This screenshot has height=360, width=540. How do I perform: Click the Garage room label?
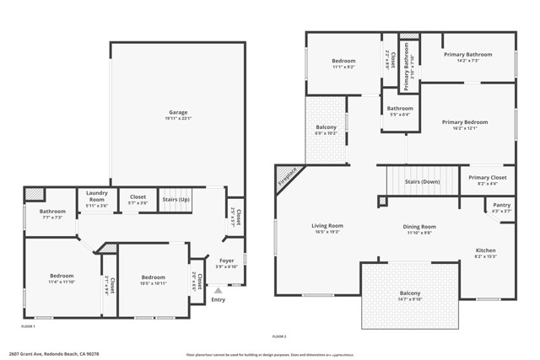click(x=177, y=112)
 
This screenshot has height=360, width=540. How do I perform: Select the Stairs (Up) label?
click(x=176, y=200)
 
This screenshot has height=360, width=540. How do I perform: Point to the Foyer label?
click(x=227, y=261)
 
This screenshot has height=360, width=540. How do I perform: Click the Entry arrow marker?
click(x=219, y=290)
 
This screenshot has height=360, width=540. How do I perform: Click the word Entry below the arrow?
click(x=219, y=300)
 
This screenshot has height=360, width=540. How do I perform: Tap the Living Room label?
click(x=327, y=225)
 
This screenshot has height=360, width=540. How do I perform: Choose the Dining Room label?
click(x=418, y=227)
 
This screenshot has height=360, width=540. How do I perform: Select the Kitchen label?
click(x=485, y=250)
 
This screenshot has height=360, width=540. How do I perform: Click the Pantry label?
click(x=501, y=205)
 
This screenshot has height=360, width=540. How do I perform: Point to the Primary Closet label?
click(x=487, y=178)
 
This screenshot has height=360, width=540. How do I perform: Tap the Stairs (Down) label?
click(x=422, y=181)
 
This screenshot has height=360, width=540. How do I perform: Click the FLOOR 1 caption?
click(x=29, y=325)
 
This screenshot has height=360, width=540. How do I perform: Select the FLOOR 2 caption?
click(x=279, y=336)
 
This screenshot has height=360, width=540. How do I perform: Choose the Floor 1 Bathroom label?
click(x=52, y=211)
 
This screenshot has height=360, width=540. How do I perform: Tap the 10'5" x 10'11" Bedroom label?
click(x=153, y=277)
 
